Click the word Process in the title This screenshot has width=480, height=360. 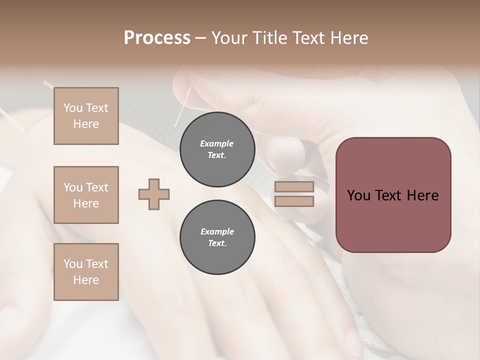coord(157,38)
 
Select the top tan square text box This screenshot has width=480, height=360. coord(86,116)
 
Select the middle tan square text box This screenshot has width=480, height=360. coord(86,195)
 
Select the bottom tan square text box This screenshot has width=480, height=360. coord(86,272)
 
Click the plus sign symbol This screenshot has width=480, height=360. coord(154,194)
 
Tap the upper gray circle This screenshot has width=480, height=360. coord(217,149)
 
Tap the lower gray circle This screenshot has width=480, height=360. coord(217,237)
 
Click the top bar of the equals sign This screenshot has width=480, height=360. coord(294,187)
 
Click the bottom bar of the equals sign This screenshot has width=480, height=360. coord(294,201)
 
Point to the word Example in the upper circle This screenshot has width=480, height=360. coord(217,144)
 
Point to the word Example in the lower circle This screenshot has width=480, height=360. coord(217,232)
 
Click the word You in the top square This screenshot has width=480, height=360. coord(73,108)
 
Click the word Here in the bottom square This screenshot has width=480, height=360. coord(86,280)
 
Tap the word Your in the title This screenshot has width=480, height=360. coord(230,38)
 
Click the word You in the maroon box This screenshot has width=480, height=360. coord(358,195)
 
